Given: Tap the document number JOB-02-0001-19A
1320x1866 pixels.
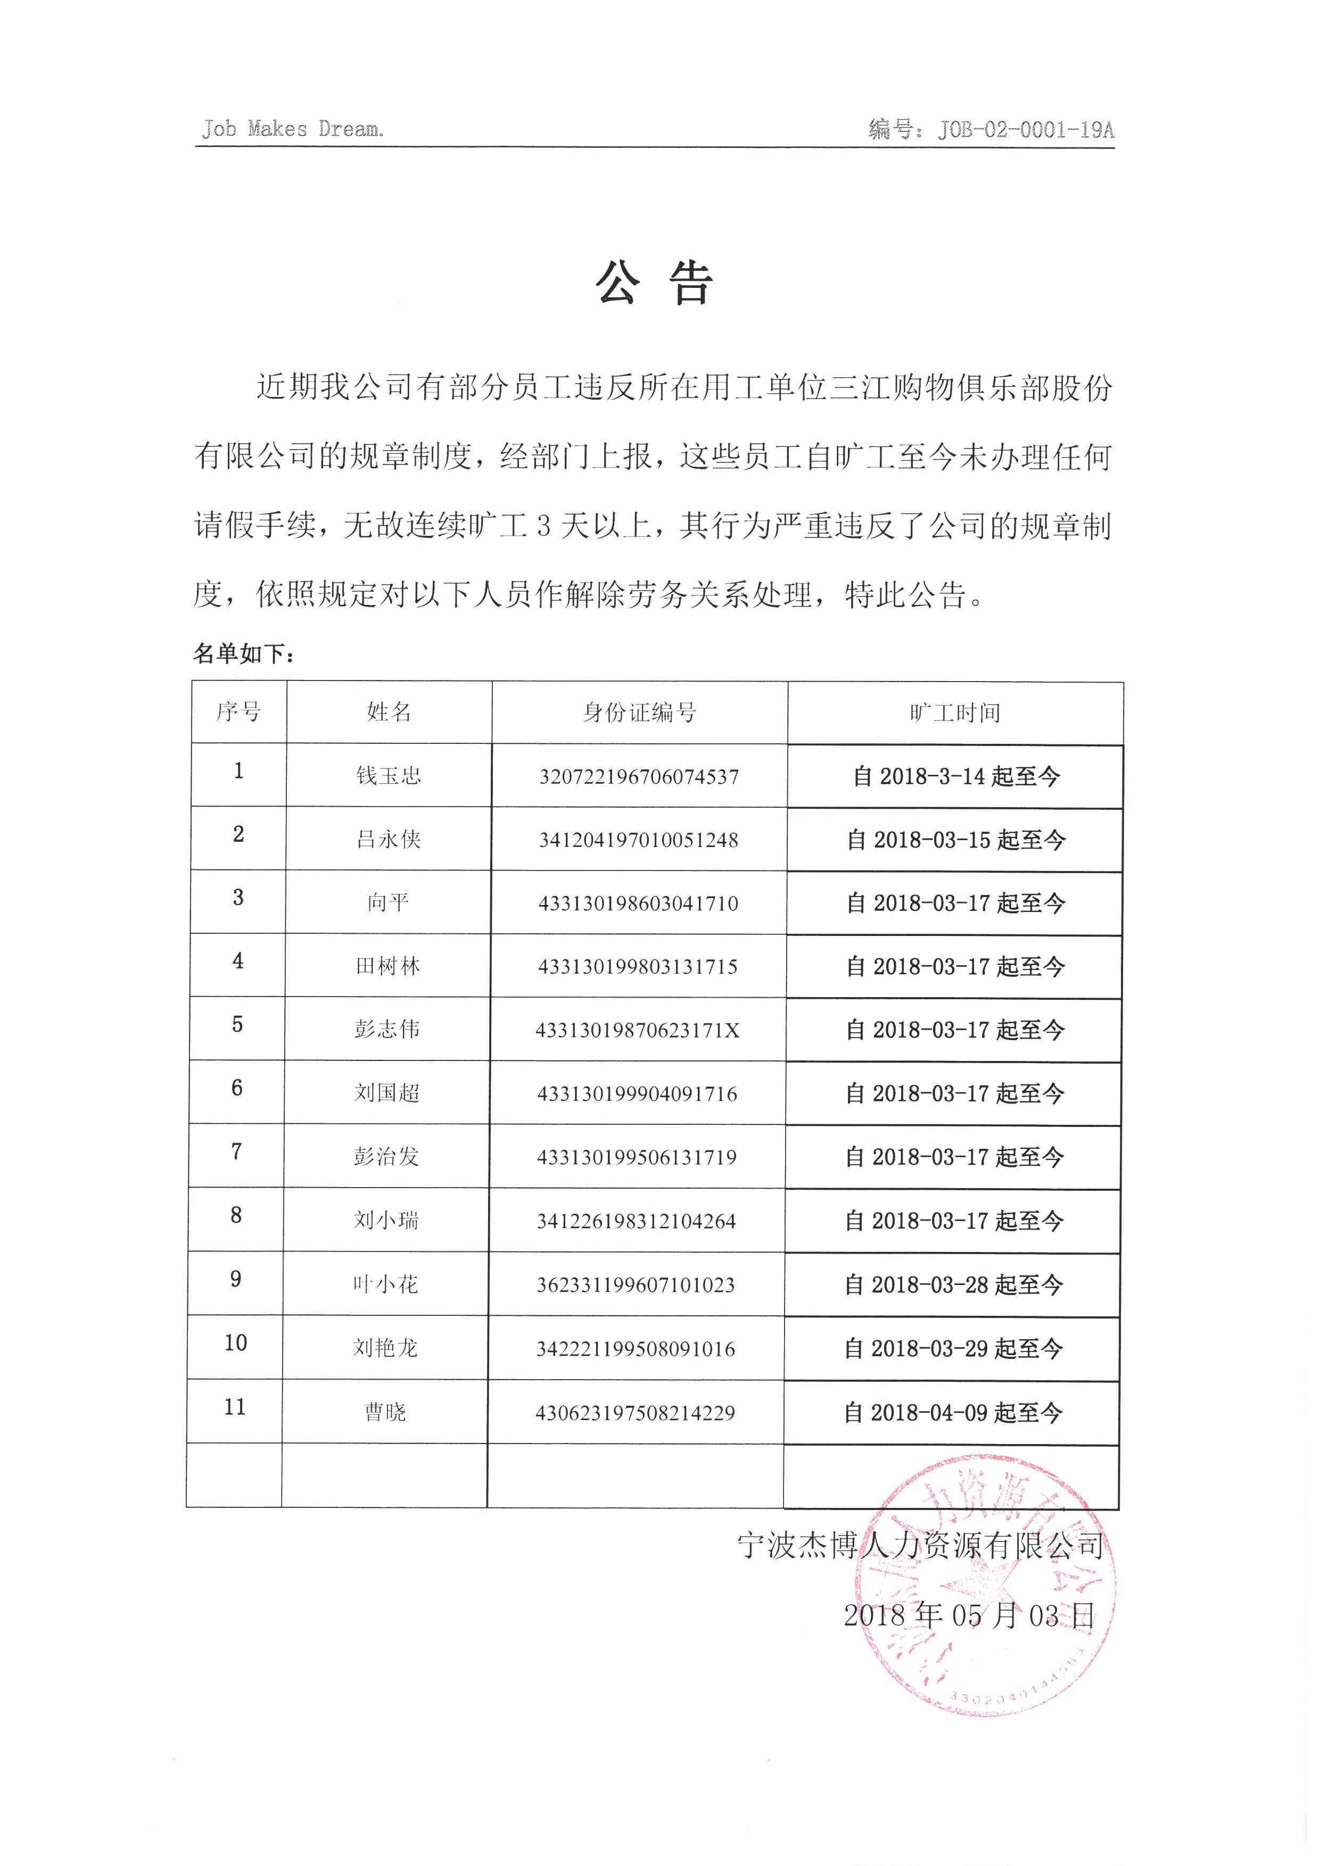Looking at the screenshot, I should [991, 129].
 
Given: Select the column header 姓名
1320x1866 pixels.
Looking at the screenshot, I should [389, 712].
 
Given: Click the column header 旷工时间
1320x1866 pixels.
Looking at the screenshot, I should [955, 713].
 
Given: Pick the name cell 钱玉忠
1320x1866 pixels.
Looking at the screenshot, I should [389, 775].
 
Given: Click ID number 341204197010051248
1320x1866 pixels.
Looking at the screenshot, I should [639, 840].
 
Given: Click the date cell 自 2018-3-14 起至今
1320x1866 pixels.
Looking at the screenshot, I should [956, 776].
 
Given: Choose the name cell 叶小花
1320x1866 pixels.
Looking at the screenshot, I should [385, 1284].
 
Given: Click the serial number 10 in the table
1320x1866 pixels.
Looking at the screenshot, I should [236, 1342].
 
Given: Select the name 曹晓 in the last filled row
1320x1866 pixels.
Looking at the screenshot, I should [385, 1413].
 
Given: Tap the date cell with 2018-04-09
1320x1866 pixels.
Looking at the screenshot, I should [953, 1413].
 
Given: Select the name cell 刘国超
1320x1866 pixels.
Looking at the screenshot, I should [387, 1093].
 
